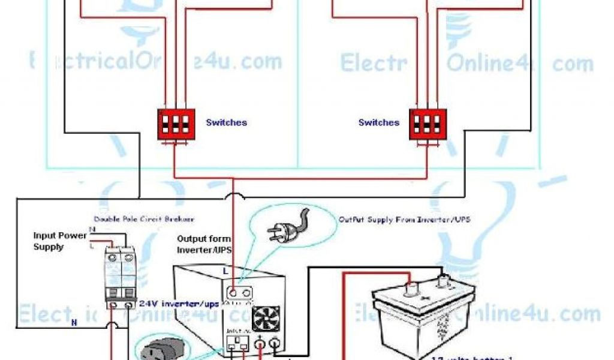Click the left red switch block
pyautogui.click(x=176, y=124)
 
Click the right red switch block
pyautogui.click(x=428, y=124)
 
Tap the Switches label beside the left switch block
pyautogui.click(x=226, y=122)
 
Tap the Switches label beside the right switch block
pyautogui.click(x=379, y=122)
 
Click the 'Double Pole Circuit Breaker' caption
pyautogui.click(x=144, y=220)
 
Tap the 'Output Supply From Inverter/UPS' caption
pyautogui.click(x=404, y=220)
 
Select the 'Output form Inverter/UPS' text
pyautogui.click(x=203, y=244)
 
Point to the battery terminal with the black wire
pyautogui.click(x=444, y=282)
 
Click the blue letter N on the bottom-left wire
pyautogui.click(x=74, y=322)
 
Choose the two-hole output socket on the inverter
pyautogui.click(x=239, y=293)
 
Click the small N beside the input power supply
pyautogui.click(x=91, y=229)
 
